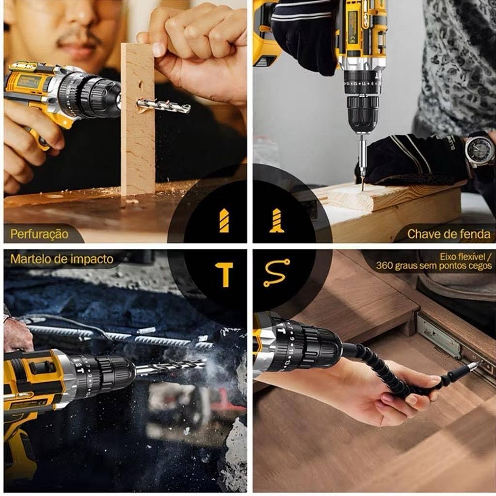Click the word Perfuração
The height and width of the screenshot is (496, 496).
39,234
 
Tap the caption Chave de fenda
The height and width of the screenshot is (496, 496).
449,234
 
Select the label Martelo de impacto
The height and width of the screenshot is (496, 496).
62,259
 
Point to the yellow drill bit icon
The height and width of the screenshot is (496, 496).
224,221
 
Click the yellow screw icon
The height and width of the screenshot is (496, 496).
277,221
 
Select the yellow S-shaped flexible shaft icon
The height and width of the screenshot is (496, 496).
277,273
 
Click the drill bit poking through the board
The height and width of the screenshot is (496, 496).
164,105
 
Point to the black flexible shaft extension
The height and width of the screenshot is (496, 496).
395,372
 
